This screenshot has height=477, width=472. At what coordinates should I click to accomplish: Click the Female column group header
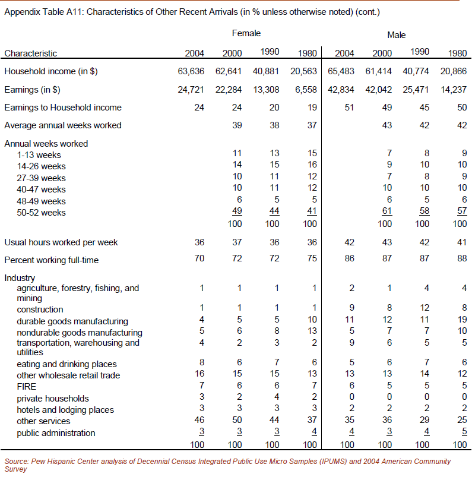[246, 33]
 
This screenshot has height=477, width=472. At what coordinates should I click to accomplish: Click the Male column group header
[396, 35]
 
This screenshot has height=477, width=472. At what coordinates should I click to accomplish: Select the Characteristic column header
[31, 53]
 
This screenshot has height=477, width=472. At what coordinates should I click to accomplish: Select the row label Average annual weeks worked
[62, 125]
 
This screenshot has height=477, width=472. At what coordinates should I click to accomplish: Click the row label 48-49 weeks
[41, 201]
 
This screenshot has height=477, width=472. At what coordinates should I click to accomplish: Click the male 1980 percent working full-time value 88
[461, 259]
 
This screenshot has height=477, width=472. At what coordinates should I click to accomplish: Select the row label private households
[53, 399]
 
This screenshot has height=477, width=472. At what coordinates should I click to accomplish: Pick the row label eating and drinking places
[66, 364]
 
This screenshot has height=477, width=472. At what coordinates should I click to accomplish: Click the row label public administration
[56, 433]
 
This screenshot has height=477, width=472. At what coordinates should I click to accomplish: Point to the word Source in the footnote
[17, 462]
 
